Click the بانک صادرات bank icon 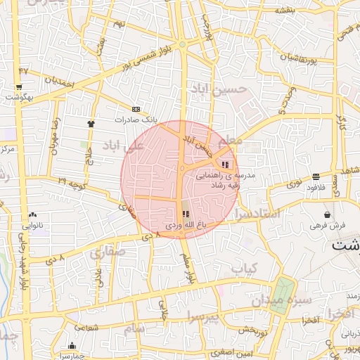point(136,109)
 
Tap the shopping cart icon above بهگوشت point(18,88)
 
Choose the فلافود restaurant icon point(316,176)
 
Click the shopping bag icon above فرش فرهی point(328,214)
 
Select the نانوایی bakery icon point(32,215)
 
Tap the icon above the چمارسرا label point(72,345)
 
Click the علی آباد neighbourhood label point(123,145)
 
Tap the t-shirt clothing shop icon point(91,124)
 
